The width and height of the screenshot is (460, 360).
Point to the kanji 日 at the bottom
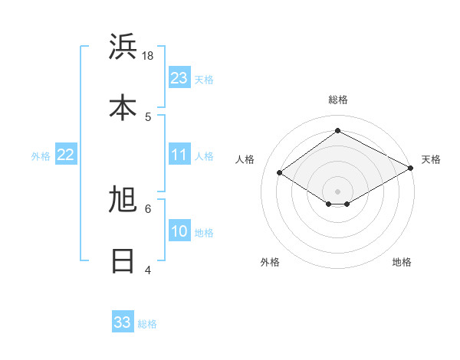tap(123, 261)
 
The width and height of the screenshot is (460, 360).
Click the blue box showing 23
tap(179, 78)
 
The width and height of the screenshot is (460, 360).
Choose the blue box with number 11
tap(179, 155)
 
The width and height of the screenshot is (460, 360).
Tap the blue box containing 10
tap(179, 231)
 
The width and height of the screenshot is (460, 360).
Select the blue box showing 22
tap(66, 155)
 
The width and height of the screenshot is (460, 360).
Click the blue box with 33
tap(123, 322)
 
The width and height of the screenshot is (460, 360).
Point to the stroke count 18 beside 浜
tap(148, 56)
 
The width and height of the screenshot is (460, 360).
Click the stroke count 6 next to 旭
tap(148, 208)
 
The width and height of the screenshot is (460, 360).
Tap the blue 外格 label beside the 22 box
tap(41, 156)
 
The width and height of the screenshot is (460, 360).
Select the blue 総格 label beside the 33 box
tap(147, 324)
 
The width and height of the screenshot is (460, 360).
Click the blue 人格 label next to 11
tap(204, 156)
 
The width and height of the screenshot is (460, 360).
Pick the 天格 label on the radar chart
tap(431, 159)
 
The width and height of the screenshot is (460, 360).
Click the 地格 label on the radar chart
tap(402, 262)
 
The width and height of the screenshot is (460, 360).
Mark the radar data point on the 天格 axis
tap(411, 168)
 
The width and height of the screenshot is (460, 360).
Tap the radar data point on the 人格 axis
tap(280, 173)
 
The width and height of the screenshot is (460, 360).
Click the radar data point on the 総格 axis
tap(337, 130)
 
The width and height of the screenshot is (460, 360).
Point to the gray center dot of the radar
tap(337, 191)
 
